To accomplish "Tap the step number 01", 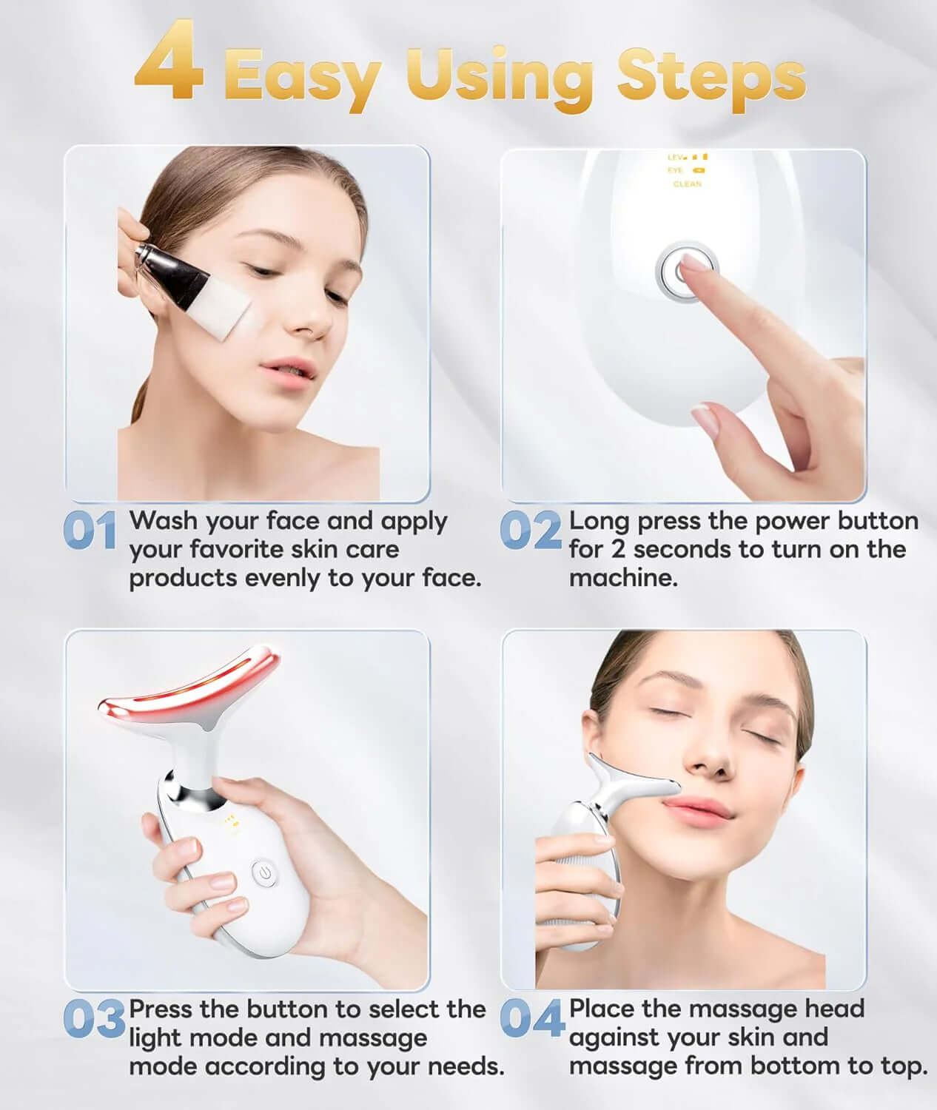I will click(x=90, y=531).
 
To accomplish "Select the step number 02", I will click(x=530, y=531).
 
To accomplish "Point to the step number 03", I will click(x=93, y=1019).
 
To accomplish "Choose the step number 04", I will click(x=531, y=1019).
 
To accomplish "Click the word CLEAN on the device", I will click(x=687, y=184).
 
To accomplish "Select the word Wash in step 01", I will click(x=164, y=521).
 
